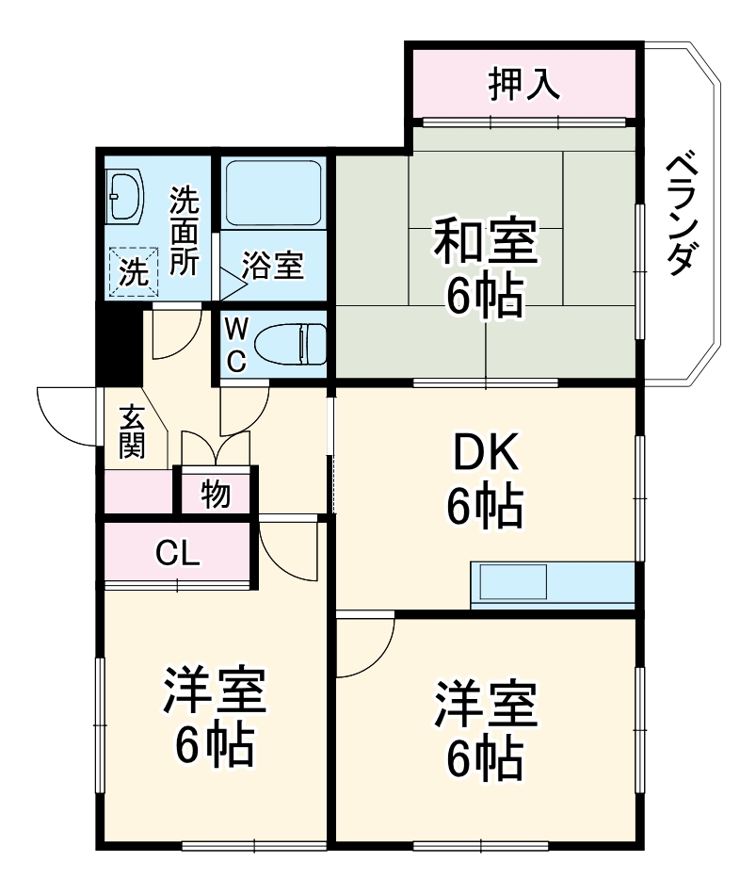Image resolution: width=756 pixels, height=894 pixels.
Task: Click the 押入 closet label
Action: point(523,85)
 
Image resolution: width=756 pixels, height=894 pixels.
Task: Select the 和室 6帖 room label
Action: point(484,267)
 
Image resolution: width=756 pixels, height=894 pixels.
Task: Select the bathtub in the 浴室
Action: point(274,192)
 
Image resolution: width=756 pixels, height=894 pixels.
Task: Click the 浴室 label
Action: point(272,266)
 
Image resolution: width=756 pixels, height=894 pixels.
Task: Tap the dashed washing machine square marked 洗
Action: point(131,272)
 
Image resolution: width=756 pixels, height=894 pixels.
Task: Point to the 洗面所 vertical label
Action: point(184,232)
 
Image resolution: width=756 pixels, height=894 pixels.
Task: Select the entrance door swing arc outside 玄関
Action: point(63,414)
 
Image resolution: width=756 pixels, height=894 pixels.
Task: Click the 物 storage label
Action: point(216,494)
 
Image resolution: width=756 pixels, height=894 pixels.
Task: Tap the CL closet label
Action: point(177,554)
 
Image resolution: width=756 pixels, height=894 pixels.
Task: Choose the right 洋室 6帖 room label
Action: point(484,727)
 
